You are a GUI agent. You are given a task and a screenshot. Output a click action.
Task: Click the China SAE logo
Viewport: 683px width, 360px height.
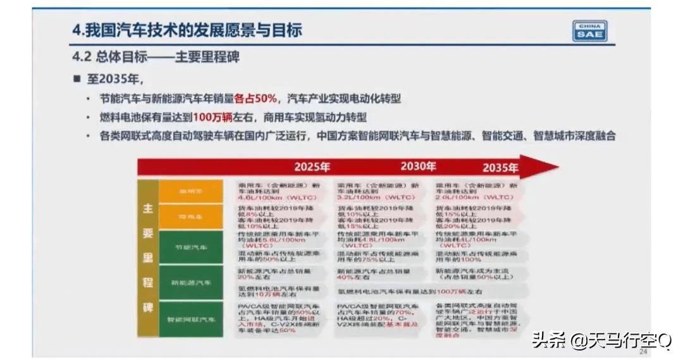point(589,31)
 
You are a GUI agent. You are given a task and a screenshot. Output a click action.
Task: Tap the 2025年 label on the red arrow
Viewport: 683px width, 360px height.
point(312,168)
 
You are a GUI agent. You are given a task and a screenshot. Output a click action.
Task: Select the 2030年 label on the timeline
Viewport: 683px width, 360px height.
point(417,167)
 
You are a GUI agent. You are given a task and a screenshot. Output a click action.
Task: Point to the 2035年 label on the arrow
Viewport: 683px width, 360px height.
point(500,168)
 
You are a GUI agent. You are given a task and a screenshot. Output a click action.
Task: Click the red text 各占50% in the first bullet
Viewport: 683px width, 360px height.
point(256,99)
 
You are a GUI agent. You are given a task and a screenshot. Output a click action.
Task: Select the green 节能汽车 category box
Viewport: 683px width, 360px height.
point(191,247)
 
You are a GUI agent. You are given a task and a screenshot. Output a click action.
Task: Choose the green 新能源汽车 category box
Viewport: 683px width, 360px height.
point(191,283)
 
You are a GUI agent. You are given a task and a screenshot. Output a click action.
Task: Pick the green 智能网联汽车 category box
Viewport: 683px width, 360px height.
point(191,320)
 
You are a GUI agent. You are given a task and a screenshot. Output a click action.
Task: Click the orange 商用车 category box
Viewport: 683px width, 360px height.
point(191,216)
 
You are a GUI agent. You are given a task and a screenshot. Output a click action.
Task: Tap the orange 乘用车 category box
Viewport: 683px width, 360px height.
point(191,190)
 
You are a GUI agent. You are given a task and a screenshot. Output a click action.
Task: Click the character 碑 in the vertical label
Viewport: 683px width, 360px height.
point(148,308)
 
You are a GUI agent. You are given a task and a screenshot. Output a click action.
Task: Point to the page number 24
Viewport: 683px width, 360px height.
point(643,352)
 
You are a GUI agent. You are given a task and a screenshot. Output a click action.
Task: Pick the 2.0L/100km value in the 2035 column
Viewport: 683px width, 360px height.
point(453,197)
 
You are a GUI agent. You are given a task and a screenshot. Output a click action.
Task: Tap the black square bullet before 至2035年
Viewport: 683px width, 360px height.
point(77,79)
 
